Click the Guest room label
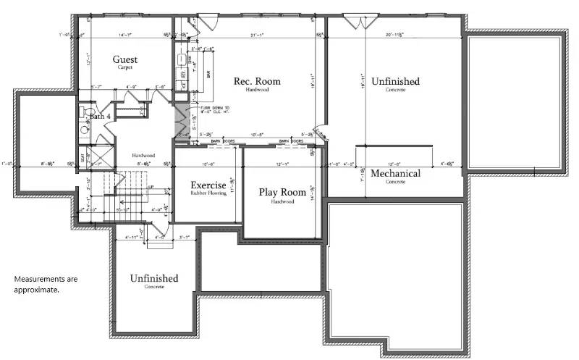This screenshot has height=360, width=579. point(124,59)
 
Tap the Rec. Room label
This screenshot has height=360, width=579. point(256,81)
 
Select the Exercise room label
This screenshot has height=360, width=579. point(208,185)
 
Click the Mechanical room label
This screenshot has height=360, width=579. point(395,174)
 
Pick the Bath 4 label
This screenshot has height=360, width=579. point(99,116)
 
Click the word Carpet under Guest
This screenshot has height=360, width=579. point(124,67)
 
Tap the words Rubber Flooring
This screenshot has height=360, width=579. point(208,193)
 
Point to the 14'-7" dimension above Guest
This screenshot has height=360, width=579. point(125,34)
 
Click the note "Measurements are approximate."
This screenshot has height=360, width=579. point(46,284)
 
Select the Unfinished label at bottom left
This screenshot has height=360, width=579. point(154,279)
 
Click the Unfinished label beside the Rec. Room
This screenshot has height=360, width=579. point(395,81)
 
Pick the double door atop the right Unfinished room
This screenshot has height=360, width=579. point(354,22)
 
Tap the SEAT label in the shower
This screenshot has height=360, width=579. point(82,156)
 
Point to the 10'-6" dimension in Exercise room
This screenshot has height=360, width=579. point(208,163)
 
